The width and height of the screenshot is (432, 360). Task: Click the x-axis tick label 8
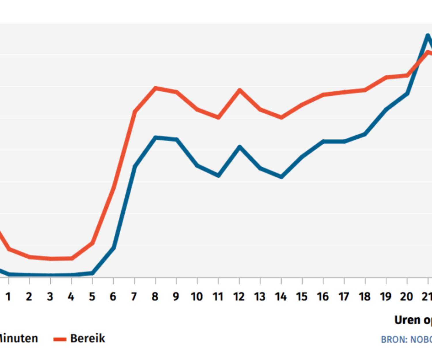pos(155,297)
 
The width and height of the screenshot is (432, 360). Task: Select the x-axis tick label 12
pos(239,297)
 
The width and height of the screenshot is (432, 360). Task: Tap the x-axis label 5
pos(92,297)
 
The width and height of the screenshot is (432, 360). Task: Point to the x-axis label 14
pos(281,297)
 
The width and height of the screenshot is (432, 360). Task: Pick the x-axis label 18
pos(365,297)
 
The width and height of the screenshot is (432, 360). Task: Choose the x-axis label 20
pos(407,297)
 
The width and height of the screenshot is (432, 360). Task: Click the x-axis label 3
pos(50,297)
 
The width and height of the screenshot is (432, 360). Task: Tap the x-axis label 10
pos(197,297)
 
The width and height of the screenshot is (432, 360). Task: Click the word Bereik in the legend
pos(88,338)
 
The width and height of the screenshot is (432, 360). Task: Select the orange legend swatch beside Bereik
pos(60,339)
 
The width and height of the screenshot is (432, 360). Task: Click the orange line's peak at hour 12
pos(239,90)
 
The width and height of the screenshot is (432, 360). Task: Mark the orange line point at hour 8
pos(156,88)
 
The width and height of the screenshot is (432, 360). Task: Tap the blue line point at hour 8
pos(156,138)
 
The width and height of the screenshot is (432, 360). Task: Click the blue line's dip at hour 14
pos(281,177)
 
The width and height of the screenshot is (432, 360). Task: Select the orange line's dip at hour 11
pos(218,117)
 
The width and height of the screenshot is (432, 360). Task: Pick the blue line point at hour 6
pos(114,248)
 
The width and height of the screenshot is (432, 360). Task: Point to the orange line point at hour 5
pos(92,243)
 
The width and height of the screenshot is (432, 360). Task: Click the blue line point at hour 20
pos(407,94)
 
